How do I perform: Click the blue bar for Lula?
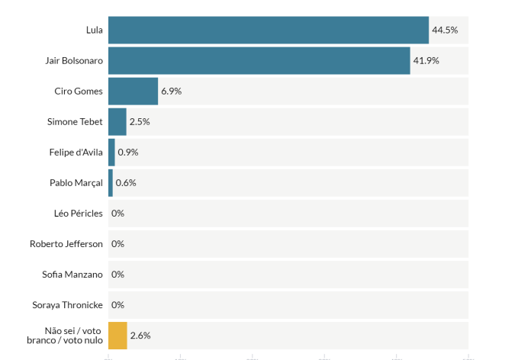click(268, 30)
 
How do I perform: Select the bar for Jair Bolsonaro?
click(259, 60)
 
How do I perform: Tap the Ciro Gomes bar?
click(133, 91)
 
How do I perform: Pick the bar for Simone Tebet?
click(117, 121)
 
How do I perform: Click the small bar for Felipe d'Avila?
click(111, 152)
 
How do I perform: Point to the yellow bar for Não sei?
click(117, 335)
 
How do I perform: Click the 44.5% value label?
click(445, 30)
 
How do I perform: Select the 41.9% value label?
click(426, 60)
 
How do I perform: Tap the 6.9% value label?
click(171, 91)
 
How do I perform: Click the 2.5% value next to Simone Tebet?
click(140, 121)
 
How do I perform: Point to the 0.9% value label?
click(128, 152)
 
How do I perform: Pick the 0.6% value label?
click(126, 182)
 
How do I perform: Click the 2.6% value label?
click(140, 335)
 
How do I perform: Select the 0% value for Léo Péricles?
click(117, 213)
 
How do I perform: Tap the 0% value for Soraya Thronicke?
click(117, 304)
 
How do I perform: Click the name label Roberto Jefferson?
click(66, 243)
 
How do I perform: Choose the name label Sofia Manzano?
click(72, 274)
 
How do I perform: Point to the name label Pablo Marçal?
click(76, 182)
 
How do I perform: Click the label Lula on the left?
click(94, 30)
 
